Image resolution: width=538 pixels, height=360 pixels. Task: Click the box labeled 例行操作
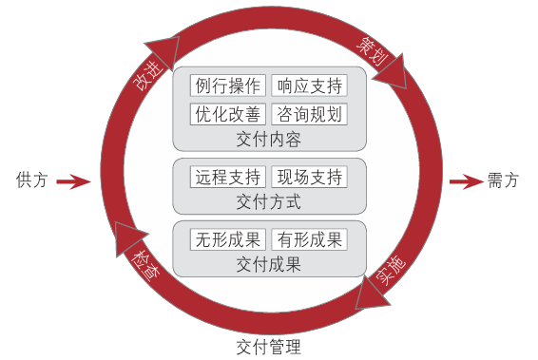(227, 85)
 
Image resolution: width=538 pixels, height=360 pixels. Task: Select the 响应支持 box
(309, 85)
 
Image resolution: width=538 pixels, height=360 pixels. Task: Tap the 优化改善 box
(227, 115)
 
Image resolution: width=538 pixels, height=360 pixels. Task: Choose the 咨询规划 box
(309, 115)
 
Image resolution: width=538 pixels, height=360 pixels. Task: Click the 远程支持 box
(227, 177)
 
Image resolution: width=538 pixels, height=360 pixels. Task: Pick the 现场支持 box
(309, 177)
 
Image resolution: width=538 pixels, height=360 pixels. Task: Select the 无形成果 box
(227, 239)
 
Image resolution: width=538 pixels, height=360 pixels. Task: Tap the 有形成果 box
(309, 239)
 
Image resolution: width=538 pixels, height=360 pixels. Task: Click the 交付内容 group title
(268, 140)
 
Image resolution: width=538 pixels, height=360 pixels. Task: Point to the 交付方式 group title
(268, 201)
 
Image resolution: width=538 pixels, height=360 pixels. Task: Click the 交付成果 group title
(268, 264)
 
